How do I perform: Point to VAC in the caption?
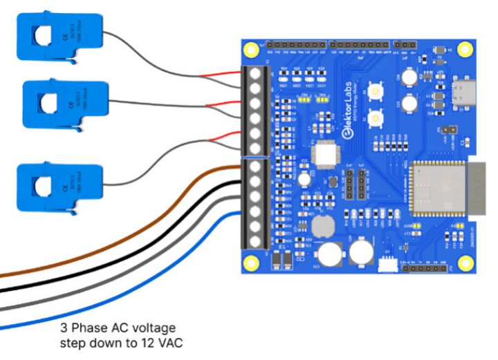tap(170, 343)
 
